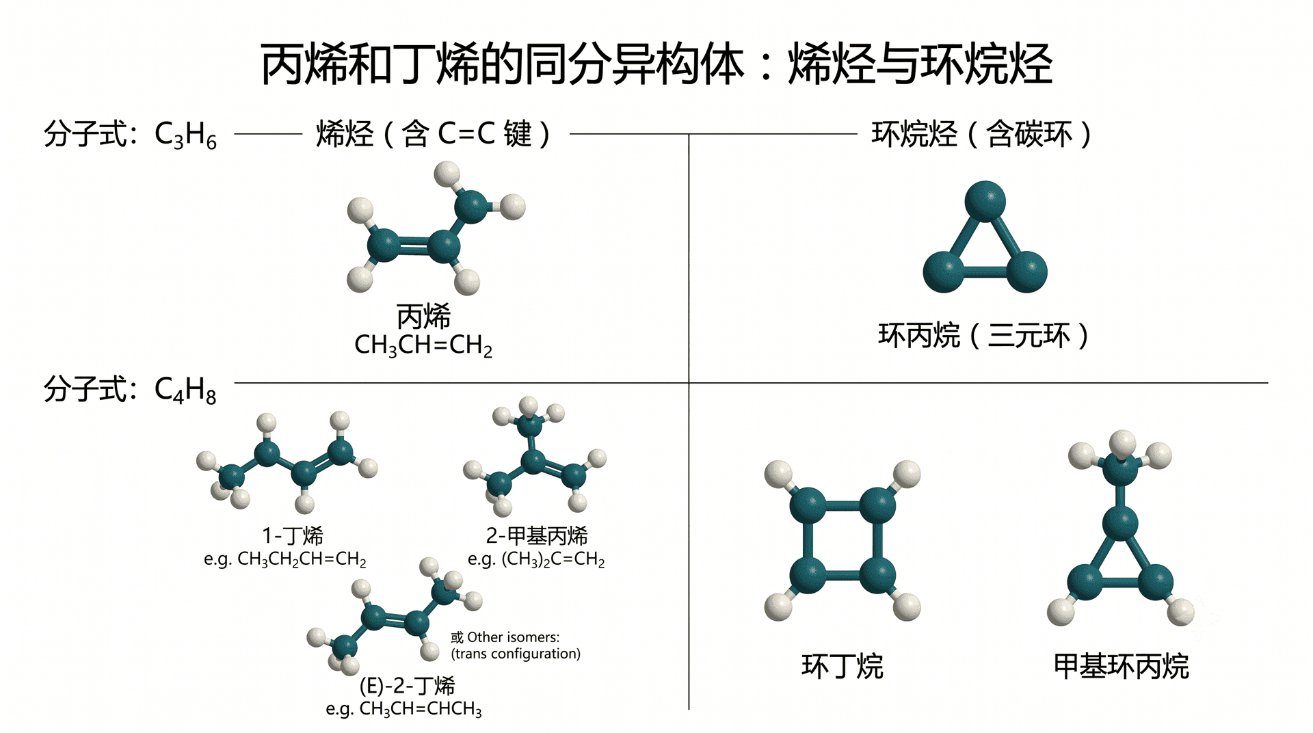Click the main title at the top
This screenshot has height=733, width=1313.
[x=656, y=64]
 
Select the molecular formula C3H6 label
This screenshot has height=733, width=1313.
[x=185, y=135]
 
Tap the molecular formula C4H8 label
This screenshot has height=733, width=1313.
[x=185, y=390]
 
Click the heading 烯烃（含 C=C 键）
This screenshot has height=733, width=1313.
[x=432, y=133]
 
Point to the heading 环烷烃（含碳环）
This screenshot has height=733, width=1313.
[x=981, y=133]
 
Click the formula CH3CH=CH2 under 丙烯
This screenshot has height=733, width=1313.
[x=423, y=345]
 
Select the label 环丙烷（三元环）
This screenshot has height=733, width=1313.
[x=983, y=335]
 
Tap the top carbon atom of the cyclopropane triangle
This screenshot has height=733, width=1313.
[x=985, y=201]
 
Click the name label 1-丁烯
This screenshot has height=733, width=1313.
[x=293, y=535]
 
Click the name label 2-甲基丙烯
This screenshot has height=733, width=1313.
[x=537, y=535]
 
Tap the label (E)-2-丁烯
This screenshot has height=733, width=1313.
[x=408, y=685]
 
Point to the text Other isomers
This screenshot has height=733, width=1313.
[x=513, y=637]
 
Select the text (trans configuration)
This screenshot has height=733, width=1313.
[x=516, y=654]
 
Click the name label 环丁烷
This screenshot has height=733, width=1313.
[x=843, y=666]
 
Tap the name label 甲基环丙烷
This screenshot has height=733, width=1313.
[x=1122, y=666]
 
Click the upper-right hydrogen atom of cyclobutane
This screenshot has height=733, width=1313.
[x=907, y=474]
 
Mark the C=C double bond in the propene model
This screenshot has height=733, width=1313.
[x=413, y=246]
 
